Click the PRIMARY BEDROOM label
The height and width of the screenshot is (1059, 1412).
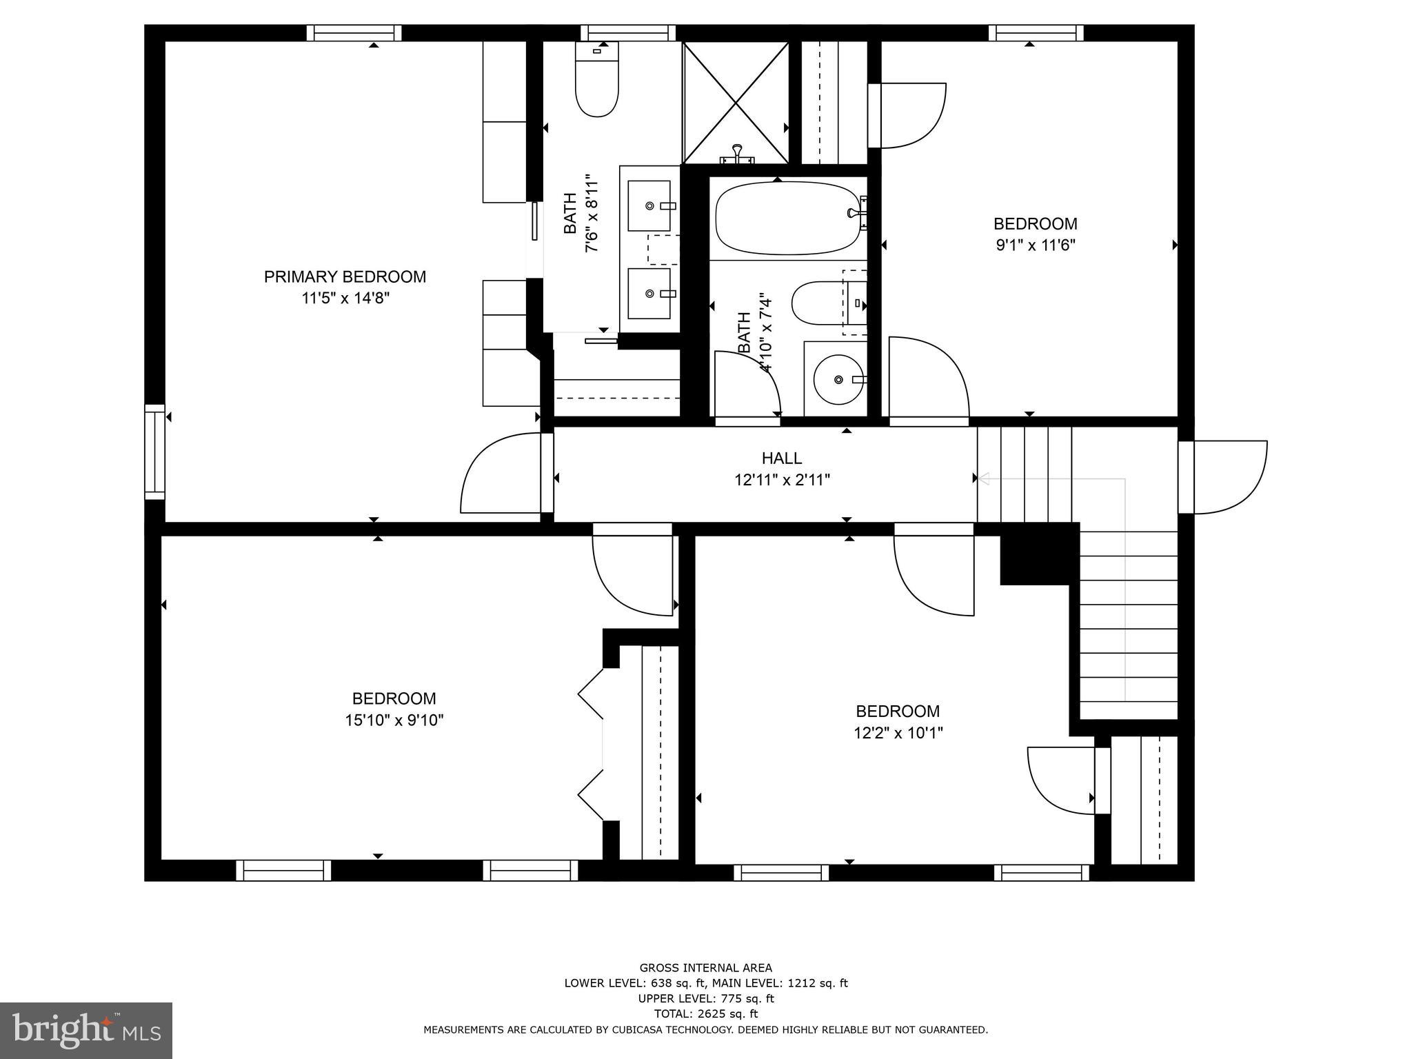pyautogui.click(x=345, y=277)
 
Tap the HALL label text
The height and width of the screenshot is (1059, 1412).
pyautogui.click(x=782, y=458)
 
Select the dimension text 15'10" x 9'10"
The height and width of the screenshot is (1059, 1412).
pyautogui.click(x=394, y=720)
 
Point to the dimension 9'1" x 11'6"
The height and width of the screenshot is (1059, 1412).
pyautogui.click(x=1035, y=245)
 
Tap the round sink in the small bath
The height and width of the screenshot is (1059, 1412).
pyautogui.click(x=837, y=380)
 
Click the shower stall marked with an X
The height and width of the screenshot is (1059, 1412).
pyautogui.click(x=736, y=103)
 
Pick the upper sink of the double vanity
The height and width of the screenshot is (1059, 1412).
pyautogui.click(x=649, y=206)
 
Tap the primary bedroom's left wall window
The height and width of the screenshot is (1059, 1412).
pyautogui.click(x=154, y=452)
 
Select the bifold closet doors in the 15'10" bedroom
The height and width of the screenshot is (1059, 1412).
pyautogui.click(x=592, y=745)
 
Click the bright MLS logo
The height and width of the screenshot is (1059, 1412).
pyautogui.click(x=86, y=1031)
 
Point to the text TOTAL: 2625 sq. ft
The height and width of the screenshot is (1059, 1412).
pyautogui.click(x=705, y=1013)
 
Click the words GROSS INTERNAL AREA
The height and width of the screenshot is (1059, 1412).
pyautogui.click(x=705, y=968)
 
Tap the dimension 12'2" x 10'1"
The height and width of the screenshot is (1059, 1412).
pyautogui.click(x=898, y=733)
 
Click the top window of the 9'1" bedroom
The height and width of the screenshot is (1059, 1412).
pyautogui.click(x=1036, y=32)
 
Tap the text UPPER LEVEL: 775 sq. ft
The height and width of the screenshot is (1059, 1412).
pyautogui.click(x=705, y=998)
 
